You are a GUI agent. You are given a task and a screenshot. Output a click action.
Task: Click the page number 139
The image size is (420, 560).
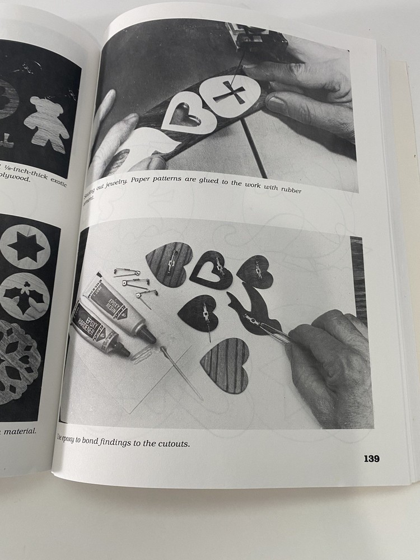coord(371,459)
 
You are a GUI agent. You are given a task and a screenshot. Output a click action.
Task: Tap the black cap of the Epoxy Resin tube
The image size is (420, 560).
coord(148,335)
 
